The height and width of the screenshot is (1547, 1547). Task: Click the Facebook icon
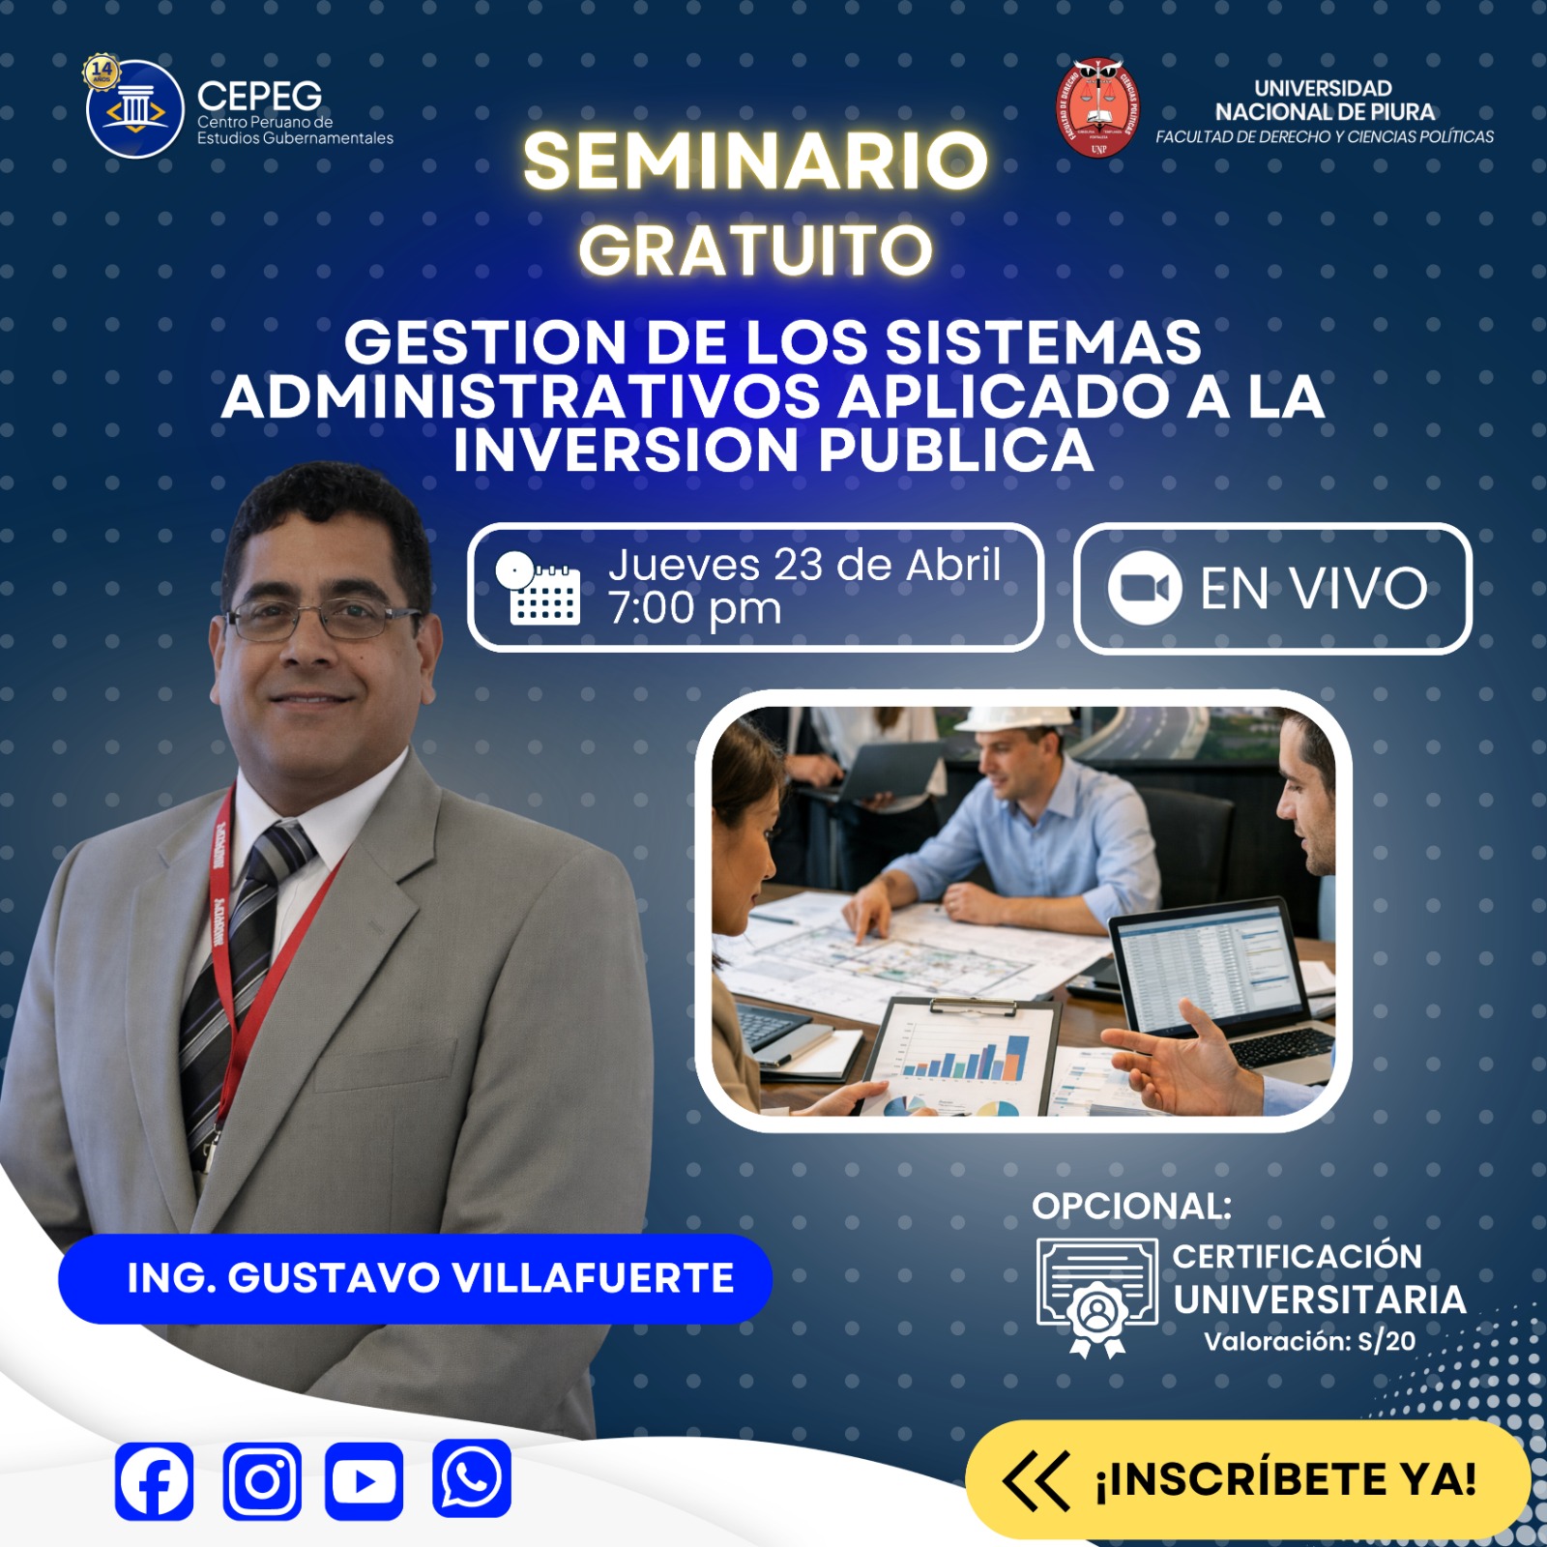(x=154, y=1480)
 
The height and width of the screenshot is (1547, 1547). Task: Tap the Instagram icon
(x=262, y=1480)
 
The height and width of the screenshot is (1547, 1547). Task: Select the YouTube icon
(x=364, y=1480)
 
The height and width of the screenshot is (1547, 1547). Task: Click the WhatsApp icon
(x=471, y=1478)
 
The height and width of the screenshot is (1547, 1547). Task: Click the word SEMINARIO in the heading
(x=755, y=161)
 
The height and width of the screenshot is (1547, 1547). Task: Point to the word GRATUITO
(x=755, y=250)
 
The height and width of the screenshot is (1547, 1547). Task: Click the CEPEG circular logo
(x=134, y=109)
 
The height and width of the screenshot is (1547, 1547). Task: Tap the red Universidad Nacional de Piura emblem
(x=1097, y=108)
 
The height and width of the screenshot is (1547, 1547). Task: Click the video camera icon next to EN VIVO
(x=1144, y=588)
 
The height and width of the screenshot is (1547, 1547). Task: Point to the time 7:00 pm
(x=694, y=609)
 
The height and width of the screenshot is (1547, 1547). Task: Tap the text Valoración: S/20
(x=1309, y=1341)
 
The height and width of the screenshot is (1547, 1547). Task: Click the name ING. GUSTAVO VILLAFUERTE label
(x=430, y=1278)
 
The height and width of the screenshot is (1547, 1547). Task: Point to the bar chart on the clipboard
(x=967, y=1054)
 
